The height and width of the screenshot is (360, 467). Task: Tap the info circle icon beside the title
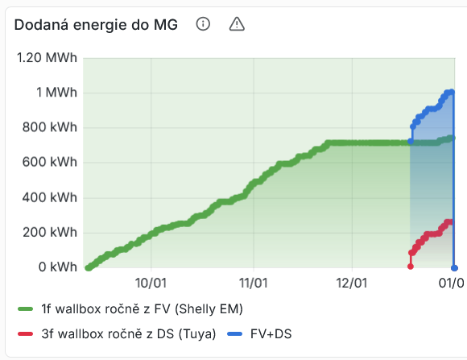(x=203, y=24)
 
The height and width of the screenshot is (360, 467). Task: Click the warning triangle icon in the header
(x=237, y=24)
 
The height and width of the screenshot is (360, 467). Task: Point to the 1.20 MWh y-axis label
(x=47, y=58)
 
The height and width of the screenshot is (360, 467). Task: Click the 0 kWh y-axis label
(x=56, y=267)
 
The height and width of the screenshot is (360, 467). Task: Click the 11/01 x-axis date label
(x=253, y=283)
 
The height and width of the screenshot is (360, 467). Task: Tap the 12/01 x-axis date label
(x=352, y=283)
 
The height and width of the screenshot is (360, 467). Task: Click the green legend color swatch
(x=25, y=308)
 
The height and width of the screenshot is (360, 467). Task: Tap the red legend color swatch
(x=25, y=333)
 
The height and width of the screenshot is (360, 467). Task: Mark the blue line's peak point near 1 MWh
(x=452, y=92)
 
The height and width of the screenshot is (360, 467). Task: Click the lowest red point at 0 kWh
(x=411, y=267)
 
